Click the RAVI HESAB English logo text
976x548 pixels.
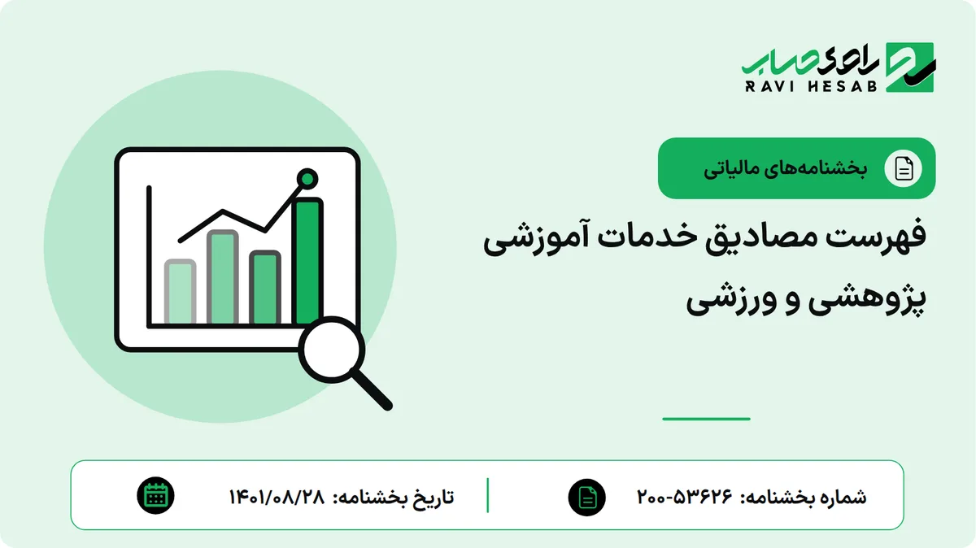click(x=811, y=86)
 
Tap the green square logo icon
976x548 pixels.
click(x=910, y=67)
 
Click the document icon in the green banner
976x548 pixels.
click(x=904, y=168)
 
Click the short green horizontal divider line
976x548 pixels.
click(x=706, y=419)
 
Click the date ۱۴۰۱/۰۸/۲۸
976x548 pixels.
click(x=277, y=497)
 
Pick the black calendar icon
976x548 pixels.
click(x=155, y=496)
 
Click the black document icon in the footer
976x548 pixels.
click(x=587, y=498)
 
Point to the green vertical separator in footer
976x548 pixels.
click(x=487, y=495)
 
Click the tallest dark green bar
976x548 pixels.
click(x=308, y=261)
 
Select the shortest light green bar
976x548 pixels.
click(x=180, y=292)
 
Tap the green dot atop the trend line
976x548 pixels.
click(x=307, y=179)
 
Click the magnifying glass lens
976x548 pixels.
click(x=332, y=350)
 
